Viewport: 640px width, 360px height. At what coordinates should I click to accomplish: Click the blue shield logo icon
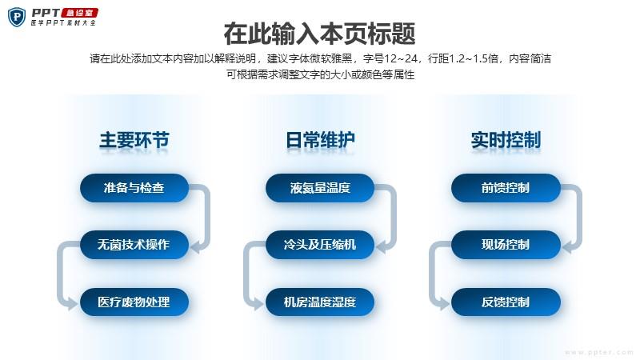coord(17,17)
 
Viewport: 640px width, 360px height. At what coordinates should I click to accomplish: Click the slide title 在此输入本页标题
coord(319,34)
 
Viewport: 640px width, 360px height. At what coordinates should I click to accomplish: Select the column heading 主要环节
coord(134,140)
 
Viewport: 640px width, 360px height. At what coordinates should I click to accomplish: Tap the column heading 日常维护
coord(320,140)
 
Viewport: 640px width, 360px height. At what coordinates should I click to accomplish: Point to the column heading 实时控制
coord(506,140)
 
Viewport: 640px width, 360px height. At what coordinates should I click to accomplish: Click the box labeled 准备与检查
coord(134,188)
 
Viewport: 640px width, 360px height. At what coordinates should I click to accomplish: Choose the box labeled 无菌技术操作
coord(134,245)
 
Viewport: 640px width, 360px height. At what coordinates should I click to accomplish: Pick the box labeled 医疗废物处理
coord(134,302)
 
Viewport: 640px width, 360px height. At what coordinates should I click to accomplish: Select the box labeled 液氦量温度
coord(320,188)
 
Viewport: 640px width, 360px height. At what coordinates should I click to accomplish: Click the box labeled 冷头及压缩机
coord(320,245)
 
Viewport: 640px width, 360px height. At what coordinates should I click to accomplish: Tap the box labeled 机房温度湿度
coord(320,302)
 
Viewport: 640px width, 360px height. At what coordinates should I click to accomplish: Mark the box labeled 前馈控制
coord(506,188)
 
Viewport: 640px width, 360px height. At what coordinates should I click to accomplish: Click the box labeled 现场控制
coord(506,245)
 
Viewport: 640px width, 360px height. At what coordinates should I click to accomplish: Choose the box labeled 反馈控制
coord(506,302)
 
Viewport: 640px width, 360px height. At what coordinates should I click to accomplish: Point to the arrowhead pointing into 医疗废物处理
coord(72,303)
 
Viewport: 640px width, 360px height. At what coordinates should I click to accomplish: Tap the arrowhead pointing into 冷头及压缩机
coord(382,246)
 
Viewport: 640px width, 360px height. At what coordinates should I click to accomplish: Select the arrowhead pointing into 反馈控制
coord(444,303)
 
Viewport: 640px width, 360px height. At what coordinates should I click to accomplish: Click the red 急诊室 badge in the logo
coord(79,13)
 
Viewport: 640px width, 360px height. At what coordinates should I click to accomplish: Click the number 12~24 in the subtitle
coord(401,58)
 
